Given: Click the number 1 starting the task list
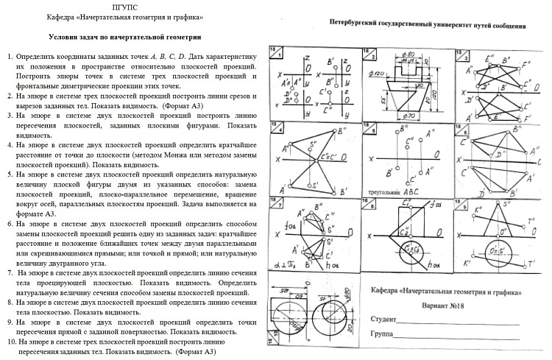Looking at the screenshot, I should tap(9, 57).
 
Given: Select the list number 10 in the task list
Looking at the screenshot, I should tap(10, 342).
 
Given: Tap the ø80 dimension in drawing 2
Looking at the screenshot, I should tap(410, 54).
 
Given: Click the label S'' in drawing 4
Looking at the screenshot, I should tap(314, 144).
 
